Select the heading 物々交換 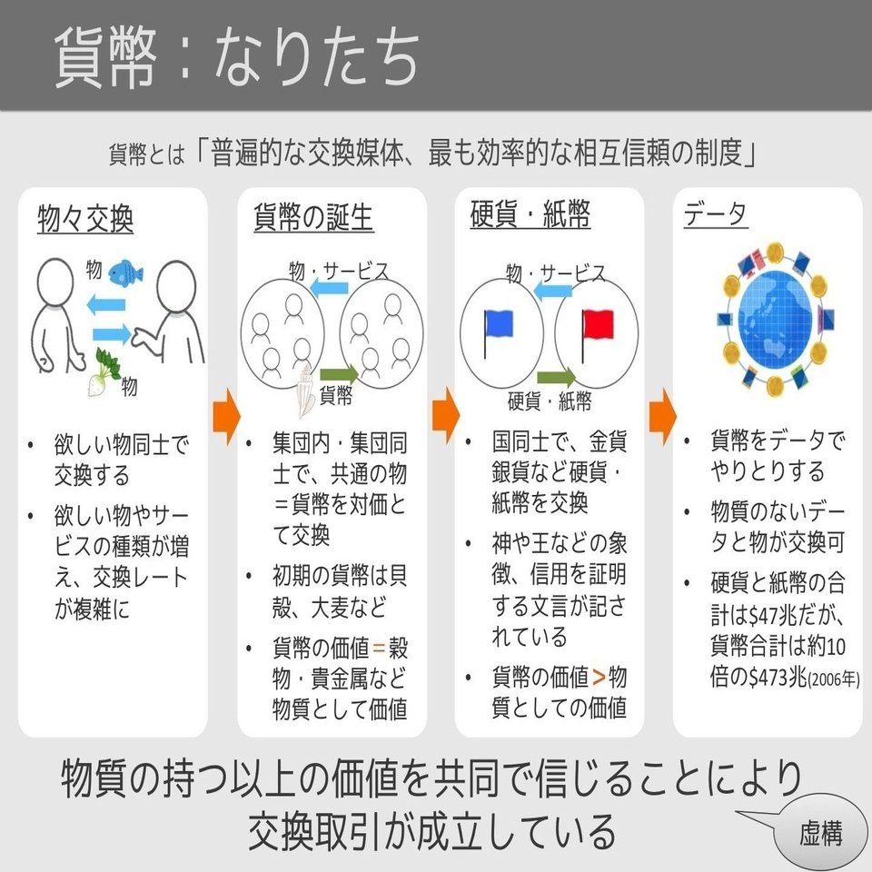pos(85,219)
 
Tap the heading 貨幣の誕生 pos(312,219)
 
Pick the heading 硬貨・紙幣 pos(530,217)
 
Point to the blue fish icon pos(125,271)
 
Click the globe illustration pos(775,318)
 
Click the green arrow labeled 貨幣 pos(338,372)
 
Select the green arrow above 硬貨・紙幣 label pos(556,376)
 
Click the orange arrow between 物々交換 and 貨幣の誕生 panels pos(226,413)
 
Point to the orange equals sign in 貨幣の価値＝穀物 pos(379,649)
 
